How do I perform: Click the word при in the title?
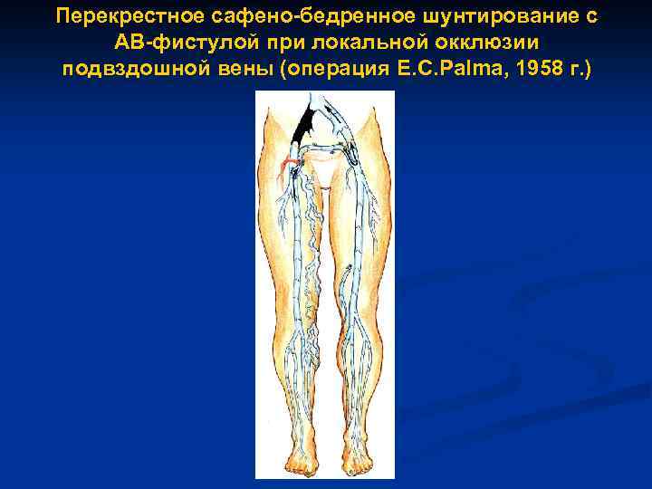pos(273,43)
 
